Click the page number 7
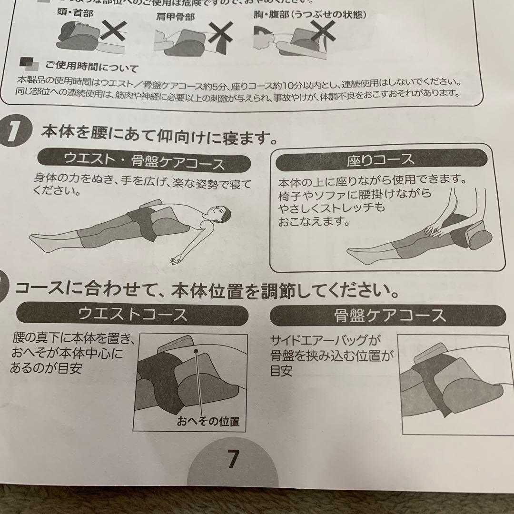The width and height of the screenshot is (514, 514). (232, 459)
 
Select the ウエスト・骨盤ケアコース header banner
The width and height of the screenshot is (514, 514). (144, 163)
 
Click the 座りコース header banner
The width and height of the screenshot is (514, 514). (381, 159)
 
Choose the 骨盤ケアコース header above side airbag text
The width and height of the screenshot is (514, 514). (388, 315)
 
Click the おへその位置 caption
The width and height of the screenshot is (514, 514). (208, 421)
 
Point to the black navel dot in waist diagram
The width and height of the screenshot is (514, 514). (195, 351)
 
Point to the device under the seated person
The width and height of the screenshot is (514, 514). (476, 237)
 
